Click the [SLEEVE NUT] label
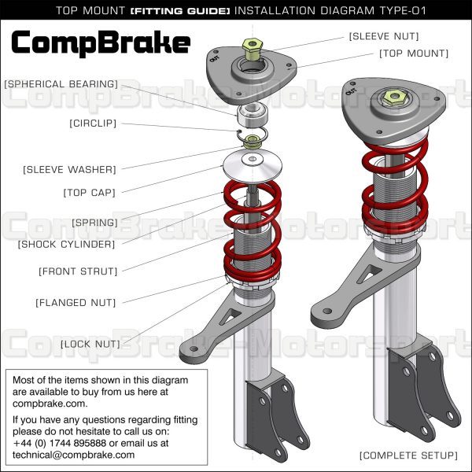384,36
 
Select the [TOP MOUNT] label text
414,53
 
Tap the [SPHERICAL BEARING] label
61,83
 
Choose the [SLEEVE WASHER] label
69,169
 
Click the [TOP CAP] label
89,192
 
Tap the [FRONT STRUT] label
78,271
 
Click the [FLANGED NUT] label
76,302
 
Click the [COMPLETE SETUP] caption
407,455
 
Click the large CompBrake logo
101,42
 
